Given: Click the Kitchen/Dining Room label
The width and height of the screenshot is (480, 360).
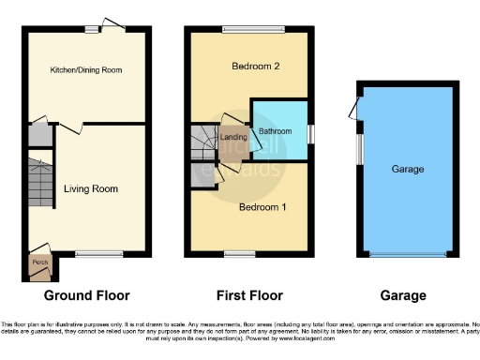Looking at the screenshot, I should (x=86, y=70).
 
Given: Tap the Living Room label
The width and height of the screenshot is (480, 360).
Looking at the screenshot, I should (x=91, y=188).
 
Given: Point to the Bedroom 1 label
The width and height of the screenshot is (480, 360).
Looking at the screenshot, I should (x=262, y=206).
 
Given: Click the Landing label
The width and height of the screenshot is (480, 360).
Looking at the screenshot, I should (x=233, y=138).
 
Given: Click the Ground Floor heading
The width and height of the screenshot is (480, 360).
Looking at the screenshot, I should (x=87, y=295).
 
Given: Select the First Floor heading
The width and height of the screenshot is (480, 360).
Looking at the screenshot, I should (x=249, y=295).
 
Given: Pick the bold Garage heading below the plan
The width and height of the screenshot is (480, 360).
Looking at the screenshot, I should (x=403, y=295).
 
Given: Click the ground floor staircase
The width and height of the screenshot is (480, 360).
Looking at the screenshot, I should (x=39, y=182).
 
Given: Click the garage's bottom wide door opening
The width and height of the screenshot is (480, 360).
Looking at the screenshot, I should (x=408, y=255).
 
